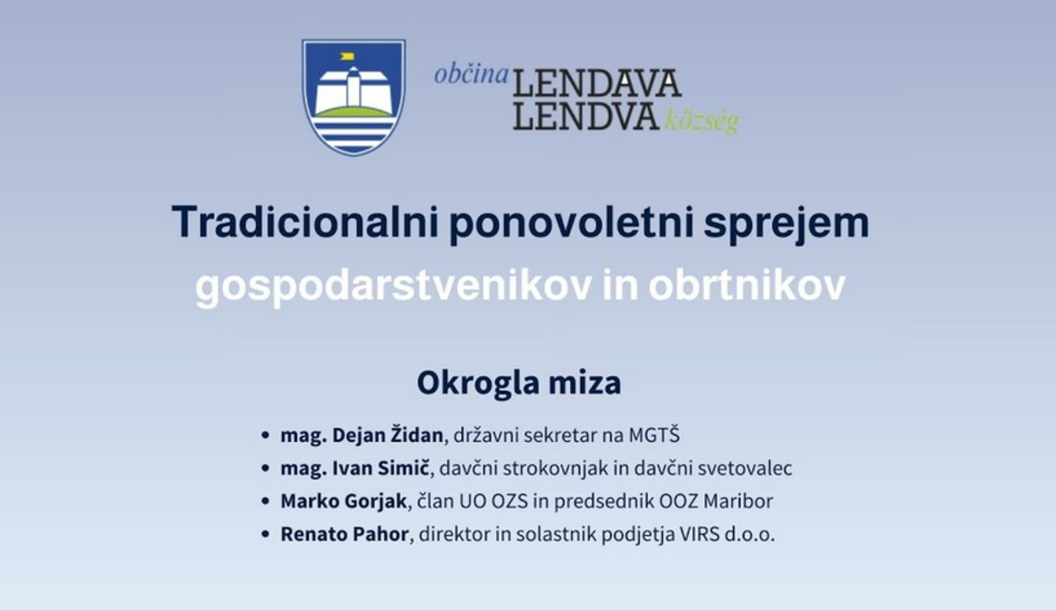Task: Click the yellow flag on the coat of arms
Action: [x=347, y=56]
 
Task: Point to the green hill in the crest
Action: [x=354, y=112]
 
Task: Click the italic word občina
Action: [x=472, y=76]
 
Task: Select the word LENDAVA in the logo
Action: [x=598, y=84]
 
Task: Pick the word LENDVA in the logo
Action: [x=586, y=116]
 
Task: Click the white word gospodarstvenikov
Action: [x=393, y=287]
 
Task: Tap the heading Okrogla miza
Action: [x=519, y=383]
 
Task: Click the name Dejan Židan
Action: [x=387, y=435]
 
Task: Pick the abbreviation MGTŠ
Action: [x=654, y=434]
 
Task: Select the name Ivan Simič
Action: [x=381, y=468]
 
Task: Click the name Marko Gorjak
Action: [x=344, y=501]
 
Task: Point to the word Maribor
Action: [x=737, y=501]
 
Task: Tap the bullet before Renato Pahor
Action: [x=266, y=534]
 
